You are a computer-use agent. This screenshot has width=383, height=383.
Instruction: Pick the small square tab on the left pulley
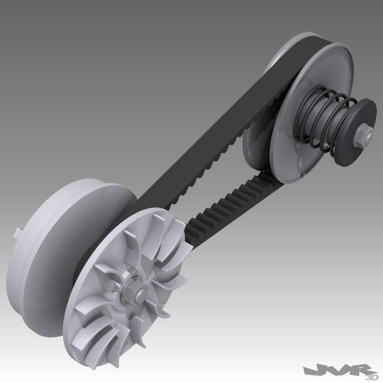15,233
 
